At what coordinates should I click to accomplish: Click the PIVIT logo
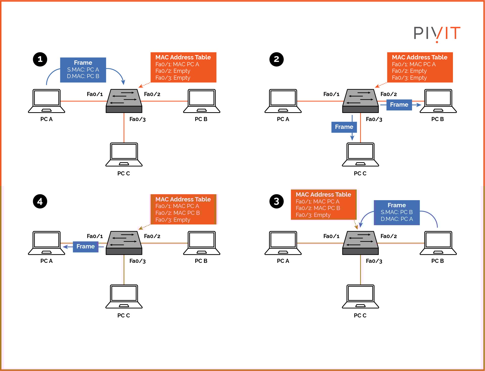point(437,33)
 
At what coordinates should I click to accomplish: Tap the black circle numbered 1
point(40,59)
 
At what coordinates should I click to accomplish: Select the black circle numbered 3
point(276,201)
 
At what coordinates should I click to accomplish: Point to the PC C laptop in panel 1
point(124,154)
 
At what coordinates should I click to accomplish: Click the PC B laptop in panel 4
point(201,243)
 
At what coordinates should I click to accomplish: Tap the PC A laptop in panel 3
point(283,243)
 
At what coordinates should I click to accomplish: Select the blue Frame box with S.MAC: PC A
point(83,70)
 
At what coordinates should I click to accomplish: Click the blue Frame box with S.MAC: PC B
point(396,212)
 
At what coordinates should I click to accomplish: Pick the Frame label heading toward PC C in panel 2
point(344,127)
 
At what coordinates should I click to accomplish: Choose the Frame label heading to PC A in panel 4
point(86,246)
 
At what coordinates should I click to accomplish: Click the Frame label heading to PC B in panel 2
point(399,105)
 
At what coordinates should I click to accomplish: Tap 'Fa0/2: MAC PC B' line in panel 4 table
point(177,213)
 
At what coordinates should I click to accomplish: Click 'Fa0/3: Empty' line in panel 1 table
point(173,78)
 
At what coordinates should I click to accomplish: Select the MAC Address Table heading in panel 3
point(323,194)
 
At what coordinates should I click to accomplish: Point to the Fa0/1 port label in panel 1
point(95,94)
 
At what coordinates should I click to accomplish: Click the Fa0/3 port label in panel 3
point(374,261)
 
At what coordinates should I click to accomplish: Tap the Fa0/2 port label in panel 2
point(389,94)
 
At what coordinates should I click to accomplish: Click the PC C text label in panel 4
point(123,315)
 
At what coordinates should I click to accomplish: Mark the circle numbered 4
point(40,201)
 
